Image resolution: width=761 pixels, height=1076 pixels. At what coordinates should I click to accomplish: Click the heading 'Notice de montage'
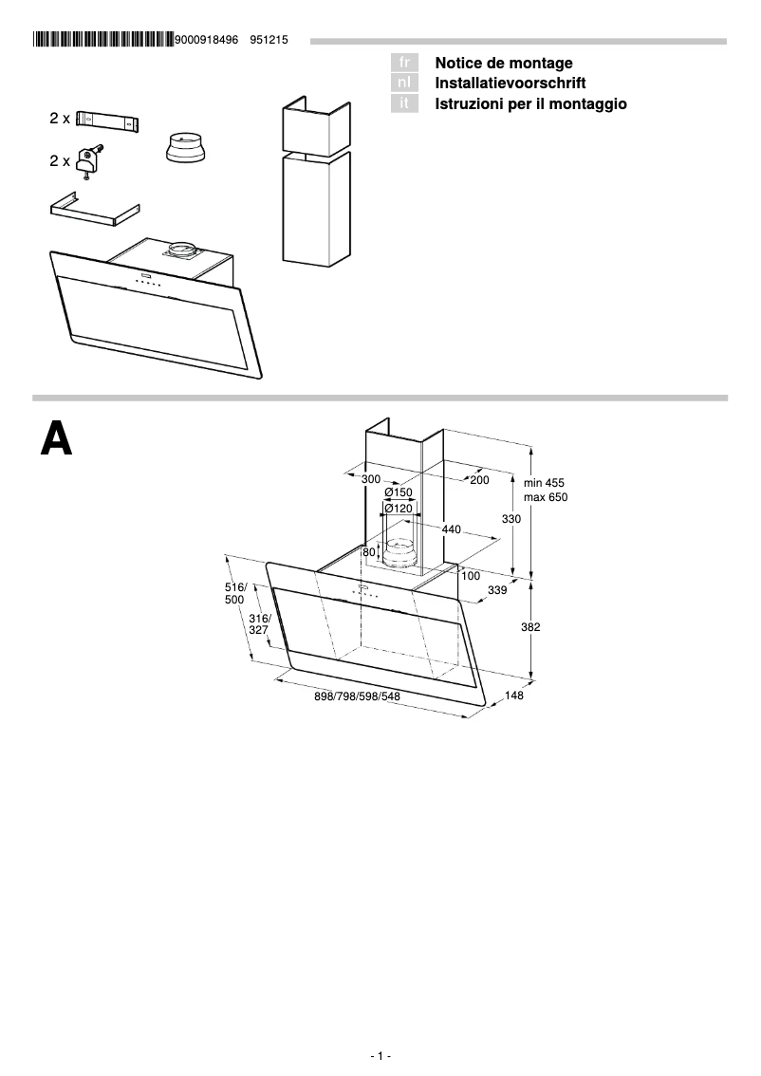pyautogui.click(x=503, y=63)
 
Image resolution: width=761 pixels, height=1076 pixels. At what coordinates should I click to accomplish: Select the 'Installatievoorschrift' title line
pyautogui.click(x=510, y=83)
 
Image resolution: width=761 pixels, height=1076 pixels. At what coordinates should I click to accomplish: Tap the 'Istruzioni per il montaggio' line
pyautogui.click(x=530, y=103)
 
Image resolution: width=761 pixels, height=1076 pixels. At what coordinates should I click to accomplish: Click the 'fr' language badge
pyautogui.click(x=404, y=63)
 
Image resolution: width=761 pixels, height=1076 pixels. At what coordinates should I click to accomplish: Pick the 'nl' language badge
pyautogui.click(x=404, y=83)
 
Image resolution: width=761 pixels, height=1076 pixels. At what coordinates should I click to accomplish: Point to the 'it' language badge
pyautogui.click(x=404, y=103)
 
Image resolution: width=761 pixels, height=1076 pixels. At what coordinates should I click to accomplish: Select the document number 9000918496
pyautogui.click(x=206, y=40)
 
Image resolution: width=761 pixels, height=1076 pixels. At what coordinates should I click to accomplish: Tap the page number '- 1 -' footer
pyautogui.click(x=380, y=1055)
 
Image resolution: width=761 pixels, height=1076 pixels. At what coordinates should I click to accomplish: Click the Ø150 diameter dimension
pyautogui.click(x=399, y=492)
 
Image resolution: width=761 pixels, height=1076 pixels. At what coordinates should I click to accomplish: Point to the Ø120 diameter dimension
pyautogui.click(x=399, y=509)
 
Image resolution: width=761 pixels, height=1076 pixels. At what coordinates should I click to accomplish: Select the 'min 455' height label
pyautogui.click(x=544, y=482)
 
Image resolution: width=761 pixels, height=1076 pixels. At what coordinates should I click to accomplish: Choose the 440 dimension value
pyautogui.click(x=451, y=529)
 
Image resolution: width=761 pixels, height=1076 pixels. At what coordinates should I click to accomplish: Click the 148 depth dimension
pyautogui.click(x=514, y=696)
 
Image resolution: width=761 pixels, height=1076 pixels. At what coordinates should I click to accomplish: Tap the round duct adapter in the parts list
pyautogui.click(x=186, y=149)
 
